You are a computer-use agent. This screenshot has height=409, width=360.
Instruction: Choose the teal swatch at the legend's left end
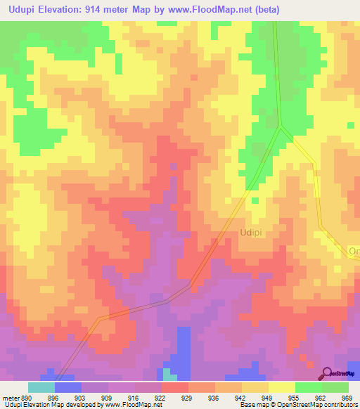click(41, 387)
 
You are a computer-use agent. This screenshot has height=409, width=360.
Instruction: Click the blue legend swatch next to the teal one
click(68, 387)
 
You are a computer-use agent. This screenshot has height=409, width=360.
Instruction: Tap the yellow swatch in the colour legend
click(282, 387)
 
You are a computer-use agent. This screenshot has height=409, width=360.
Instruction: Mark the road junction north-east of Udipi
click(281, 127)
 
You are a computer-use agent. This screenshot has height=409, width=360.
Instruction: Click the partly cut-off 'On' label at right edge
click(354, 251)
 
